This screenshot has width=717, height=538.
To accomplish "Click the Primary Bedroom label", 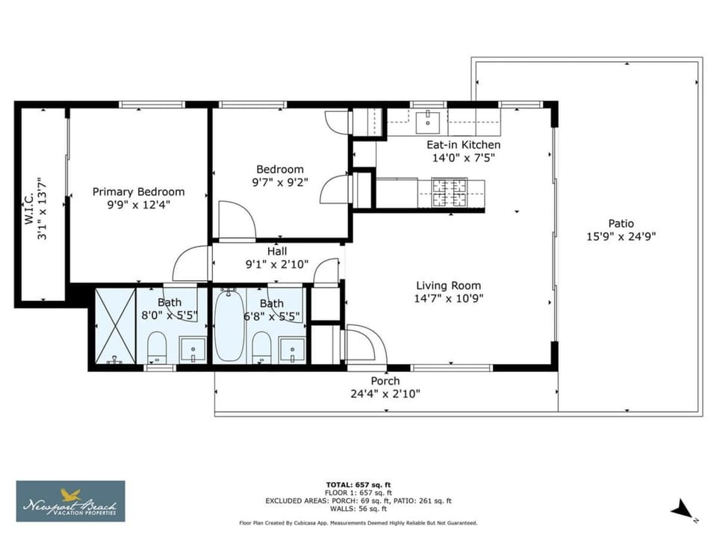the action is (x=139, y=192).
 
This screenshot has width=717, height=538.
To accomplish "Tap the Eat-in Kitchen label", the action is (x=463, y=145).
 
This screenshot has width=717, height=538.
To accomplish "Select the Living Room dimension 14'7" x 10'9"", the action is (x=449, y=299).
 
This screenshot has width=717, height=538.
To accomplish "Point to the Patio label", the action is (x=621, y=223).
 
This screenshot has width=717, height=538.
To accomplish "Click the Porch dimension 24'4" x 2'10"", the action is (x=385, y=394).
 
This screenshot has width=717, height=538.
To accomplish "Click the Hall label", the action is (x=277, y=251).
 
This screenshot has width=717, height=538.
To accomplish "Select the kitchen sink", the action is (x=427, y=123).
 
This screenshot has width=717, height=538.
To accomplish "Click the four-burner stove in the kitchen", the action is (x=449, y=192).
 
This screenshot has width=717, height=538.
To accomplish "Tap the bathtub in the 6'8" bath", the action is (x=229, y=324).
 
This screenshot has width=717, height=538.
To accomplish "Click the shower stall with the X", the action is (x=115, y=325).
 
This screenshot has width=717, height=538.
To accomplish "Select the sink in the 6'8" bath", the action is (x=292, y=351).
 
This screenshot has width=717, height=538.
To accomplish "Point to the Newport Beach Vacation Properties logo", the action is (x=70, y=501).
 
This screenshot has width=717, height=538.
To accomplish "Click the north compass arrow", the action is (x=682, y=510).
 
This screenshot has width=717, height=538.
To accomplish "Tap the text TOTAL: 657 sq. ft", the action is (x=358, y=484).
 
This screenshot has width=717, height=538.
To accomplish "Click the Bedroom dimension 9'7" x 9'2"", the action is (x=280, y=182).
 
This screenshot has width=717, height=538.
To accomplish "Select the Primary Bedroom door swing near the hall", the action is (x=191, y=264).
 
